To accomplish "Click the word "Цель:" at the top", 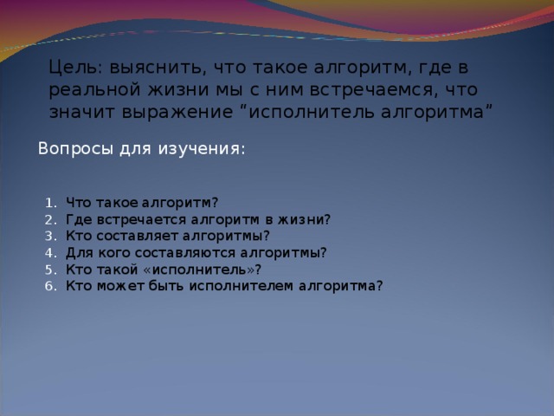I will (x=72, y=68).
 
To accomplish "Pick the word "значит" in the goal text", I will (x=78, y=112).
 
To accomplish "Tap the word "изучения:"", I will (x=201, y=148).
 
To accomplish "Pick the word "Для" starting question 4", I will (x=77, y=252).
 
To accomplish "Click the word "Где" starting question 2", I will (x=77, y=219).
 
